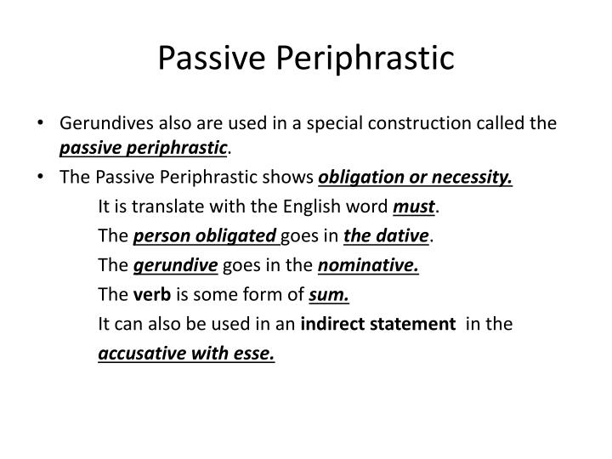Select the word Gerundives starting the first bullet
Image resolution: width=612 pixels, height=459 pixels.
coord(101,124)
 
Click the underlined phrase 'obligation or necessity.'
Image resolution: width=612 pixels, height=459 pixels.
coord(416,178)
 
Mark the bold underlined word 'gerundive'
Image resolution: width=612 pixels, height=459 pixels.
coord(175,265)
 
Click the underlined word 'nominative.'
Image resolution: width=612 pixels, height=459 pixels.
coord(369,265)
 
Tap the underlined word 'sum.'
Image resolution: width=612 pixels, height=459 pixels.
coord(331,295)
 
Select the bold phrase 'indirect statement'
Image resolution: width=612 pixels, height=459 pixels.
coord(377,324)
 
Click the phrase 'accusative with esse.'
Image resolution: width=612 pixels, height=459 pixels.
coord(187,354)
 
